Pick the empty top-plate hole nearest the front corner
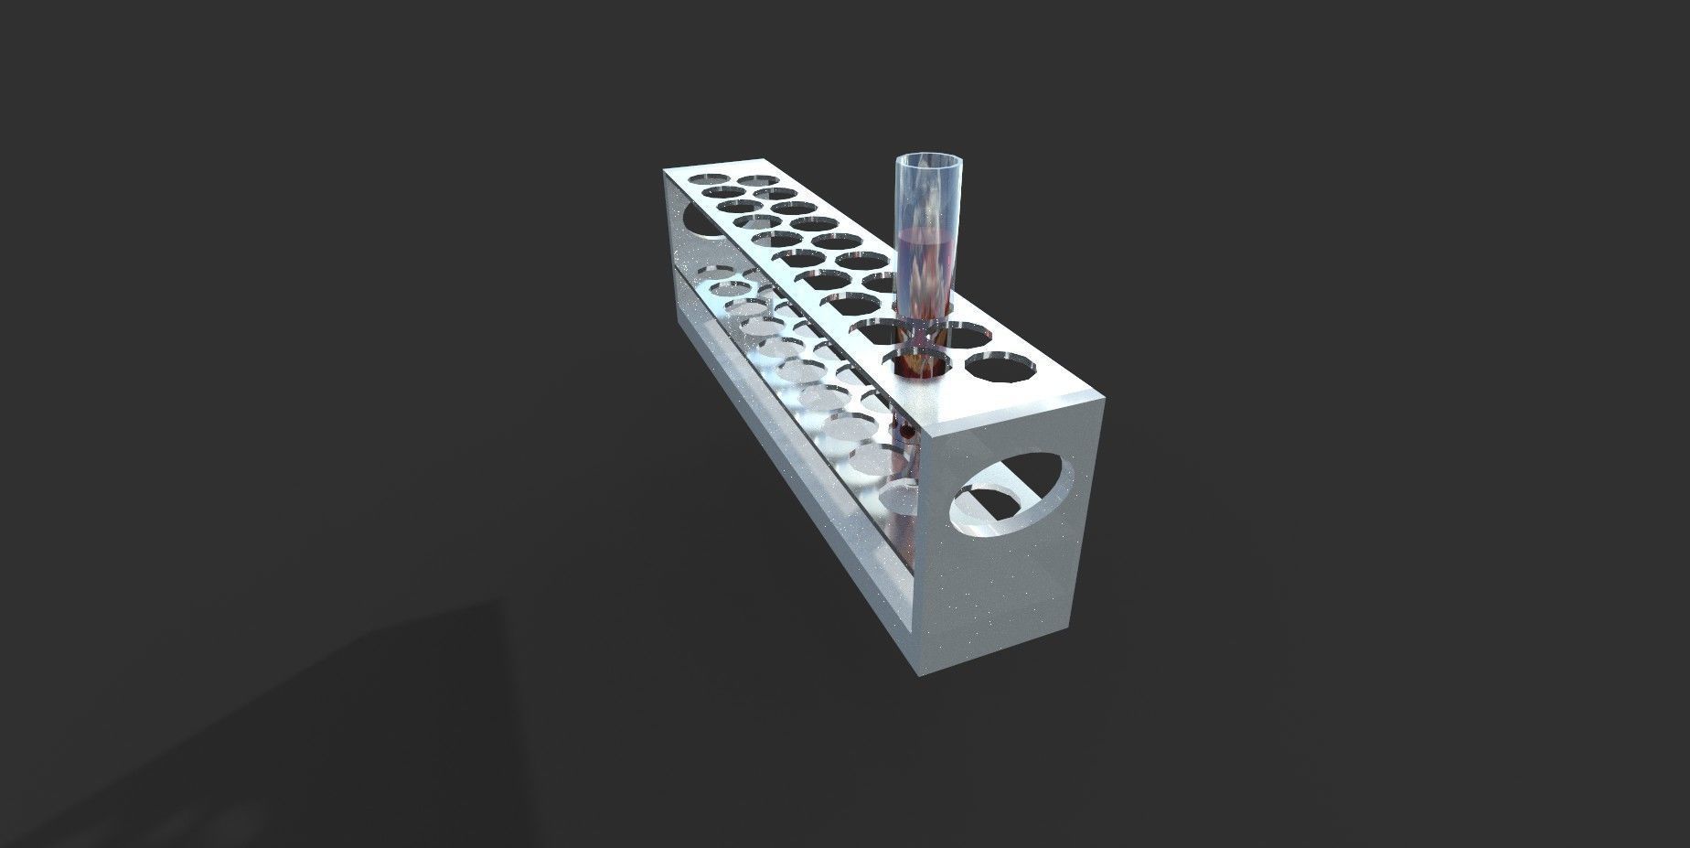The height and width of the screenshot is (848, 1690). click(998, 368)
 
